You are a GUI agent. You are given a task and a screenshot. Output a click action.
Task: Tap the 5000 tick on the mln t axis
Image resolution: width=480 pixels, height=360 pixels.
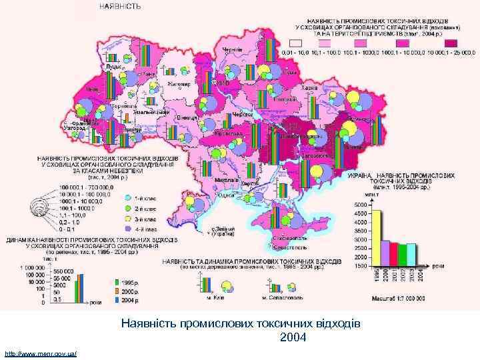360,204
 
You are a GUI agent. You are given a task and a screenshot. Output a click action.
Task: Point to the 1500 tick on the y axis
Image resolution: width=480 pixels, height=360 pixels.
360,265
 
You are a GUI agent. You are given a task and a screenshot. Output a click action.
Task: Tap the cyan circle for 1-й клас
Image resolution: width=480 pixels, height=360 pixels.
127,197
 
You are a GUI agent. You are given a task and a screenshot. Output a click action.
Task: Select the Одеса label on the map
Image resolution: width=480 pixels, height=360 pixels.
227,195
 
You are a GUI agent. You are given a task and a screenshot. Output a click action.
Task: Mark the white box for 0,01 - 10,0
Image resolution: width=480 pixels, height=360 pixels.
291,44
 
